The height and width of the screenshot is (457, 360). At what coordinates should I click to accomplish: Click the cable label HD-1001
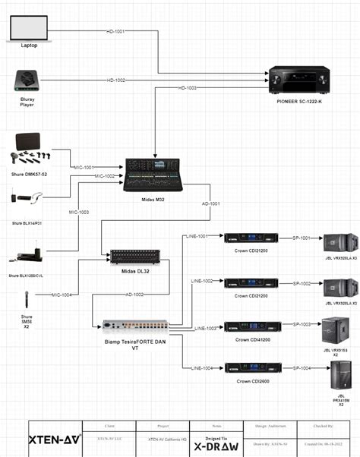116,32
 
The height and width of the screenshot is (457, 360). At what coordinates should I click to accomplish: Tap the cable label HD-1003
188,88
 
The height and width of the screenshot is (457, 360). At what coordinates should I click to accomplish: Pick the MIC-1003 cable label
79,213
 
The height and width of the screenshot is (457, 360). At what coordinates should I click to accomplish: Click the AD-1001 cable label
212,203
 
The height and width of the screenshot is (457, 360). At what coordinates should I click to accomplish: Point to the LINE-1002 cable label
201,281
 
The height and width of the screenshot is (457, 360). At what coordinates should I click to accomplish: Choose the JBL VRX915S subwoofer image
335,329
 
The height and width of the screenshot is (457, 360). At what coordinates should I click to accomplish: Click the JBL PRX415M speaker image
336,376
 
